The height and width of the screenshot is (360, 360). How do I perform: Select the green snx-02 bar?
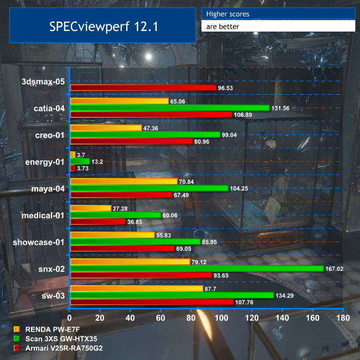[x=197, y=269]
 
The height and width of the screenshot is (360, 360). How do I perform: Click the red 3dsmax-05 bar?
[x=143, y=88]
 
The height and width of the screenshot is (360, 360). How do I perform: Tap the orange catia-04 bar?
[x=120, y=101]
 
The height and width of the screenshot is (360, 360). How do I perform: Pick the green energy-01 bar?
[x=80, y=161]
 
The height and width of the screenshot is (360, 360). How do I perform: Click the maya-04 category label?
[x=48, y=188]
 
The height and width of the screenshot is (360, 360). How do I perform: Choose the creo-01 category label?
[x=48, y=135]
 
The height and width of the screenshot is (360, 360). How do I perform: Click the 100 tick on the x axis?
[x=222, y=318]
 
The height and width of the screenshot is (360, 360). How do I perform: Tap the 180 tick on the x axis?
[x=343, y=318]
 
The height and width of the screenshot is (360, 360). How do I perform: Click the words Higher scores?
[x=228, y=14]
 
